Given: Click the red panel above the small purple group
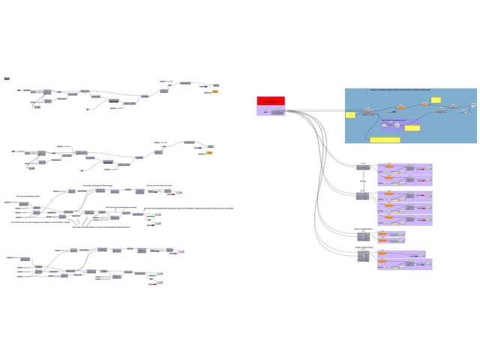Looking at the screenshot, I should (x=271, y=100).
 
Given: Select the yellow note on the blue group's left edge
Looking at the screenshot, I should (x=349, y=115).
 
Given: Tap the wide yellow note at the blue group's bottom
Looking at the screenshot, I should (x=385, y=139).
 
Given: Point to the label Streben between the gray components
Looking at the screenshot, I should (x=363, y=181).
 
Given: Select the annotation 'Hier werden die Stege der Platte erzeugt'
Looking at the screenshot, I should (x=97, y=184).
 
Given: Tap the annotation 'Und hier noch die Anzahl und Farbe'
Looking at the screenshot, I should (x=160, y=184).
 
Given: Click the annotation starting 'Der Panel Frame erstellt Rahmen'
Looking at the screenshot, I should (x=189, y=208).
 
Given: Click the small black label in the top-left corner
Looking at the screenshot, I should (x=7, y=77).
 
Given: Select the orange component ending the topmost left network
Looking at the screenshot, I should (x=215, y=91).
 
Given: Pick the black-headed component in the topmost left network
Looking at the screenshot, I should (x=113, y=100).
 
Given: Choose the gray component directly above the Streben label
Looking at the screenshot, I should (x=363, y=167).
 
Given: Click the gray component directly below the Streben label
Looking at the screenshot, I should (x=363, y=196).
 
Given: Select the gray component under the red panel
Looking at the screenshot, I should (x=277, y=112).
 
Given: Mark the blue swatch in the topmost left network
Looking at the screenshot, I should (x=204, y=87).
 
